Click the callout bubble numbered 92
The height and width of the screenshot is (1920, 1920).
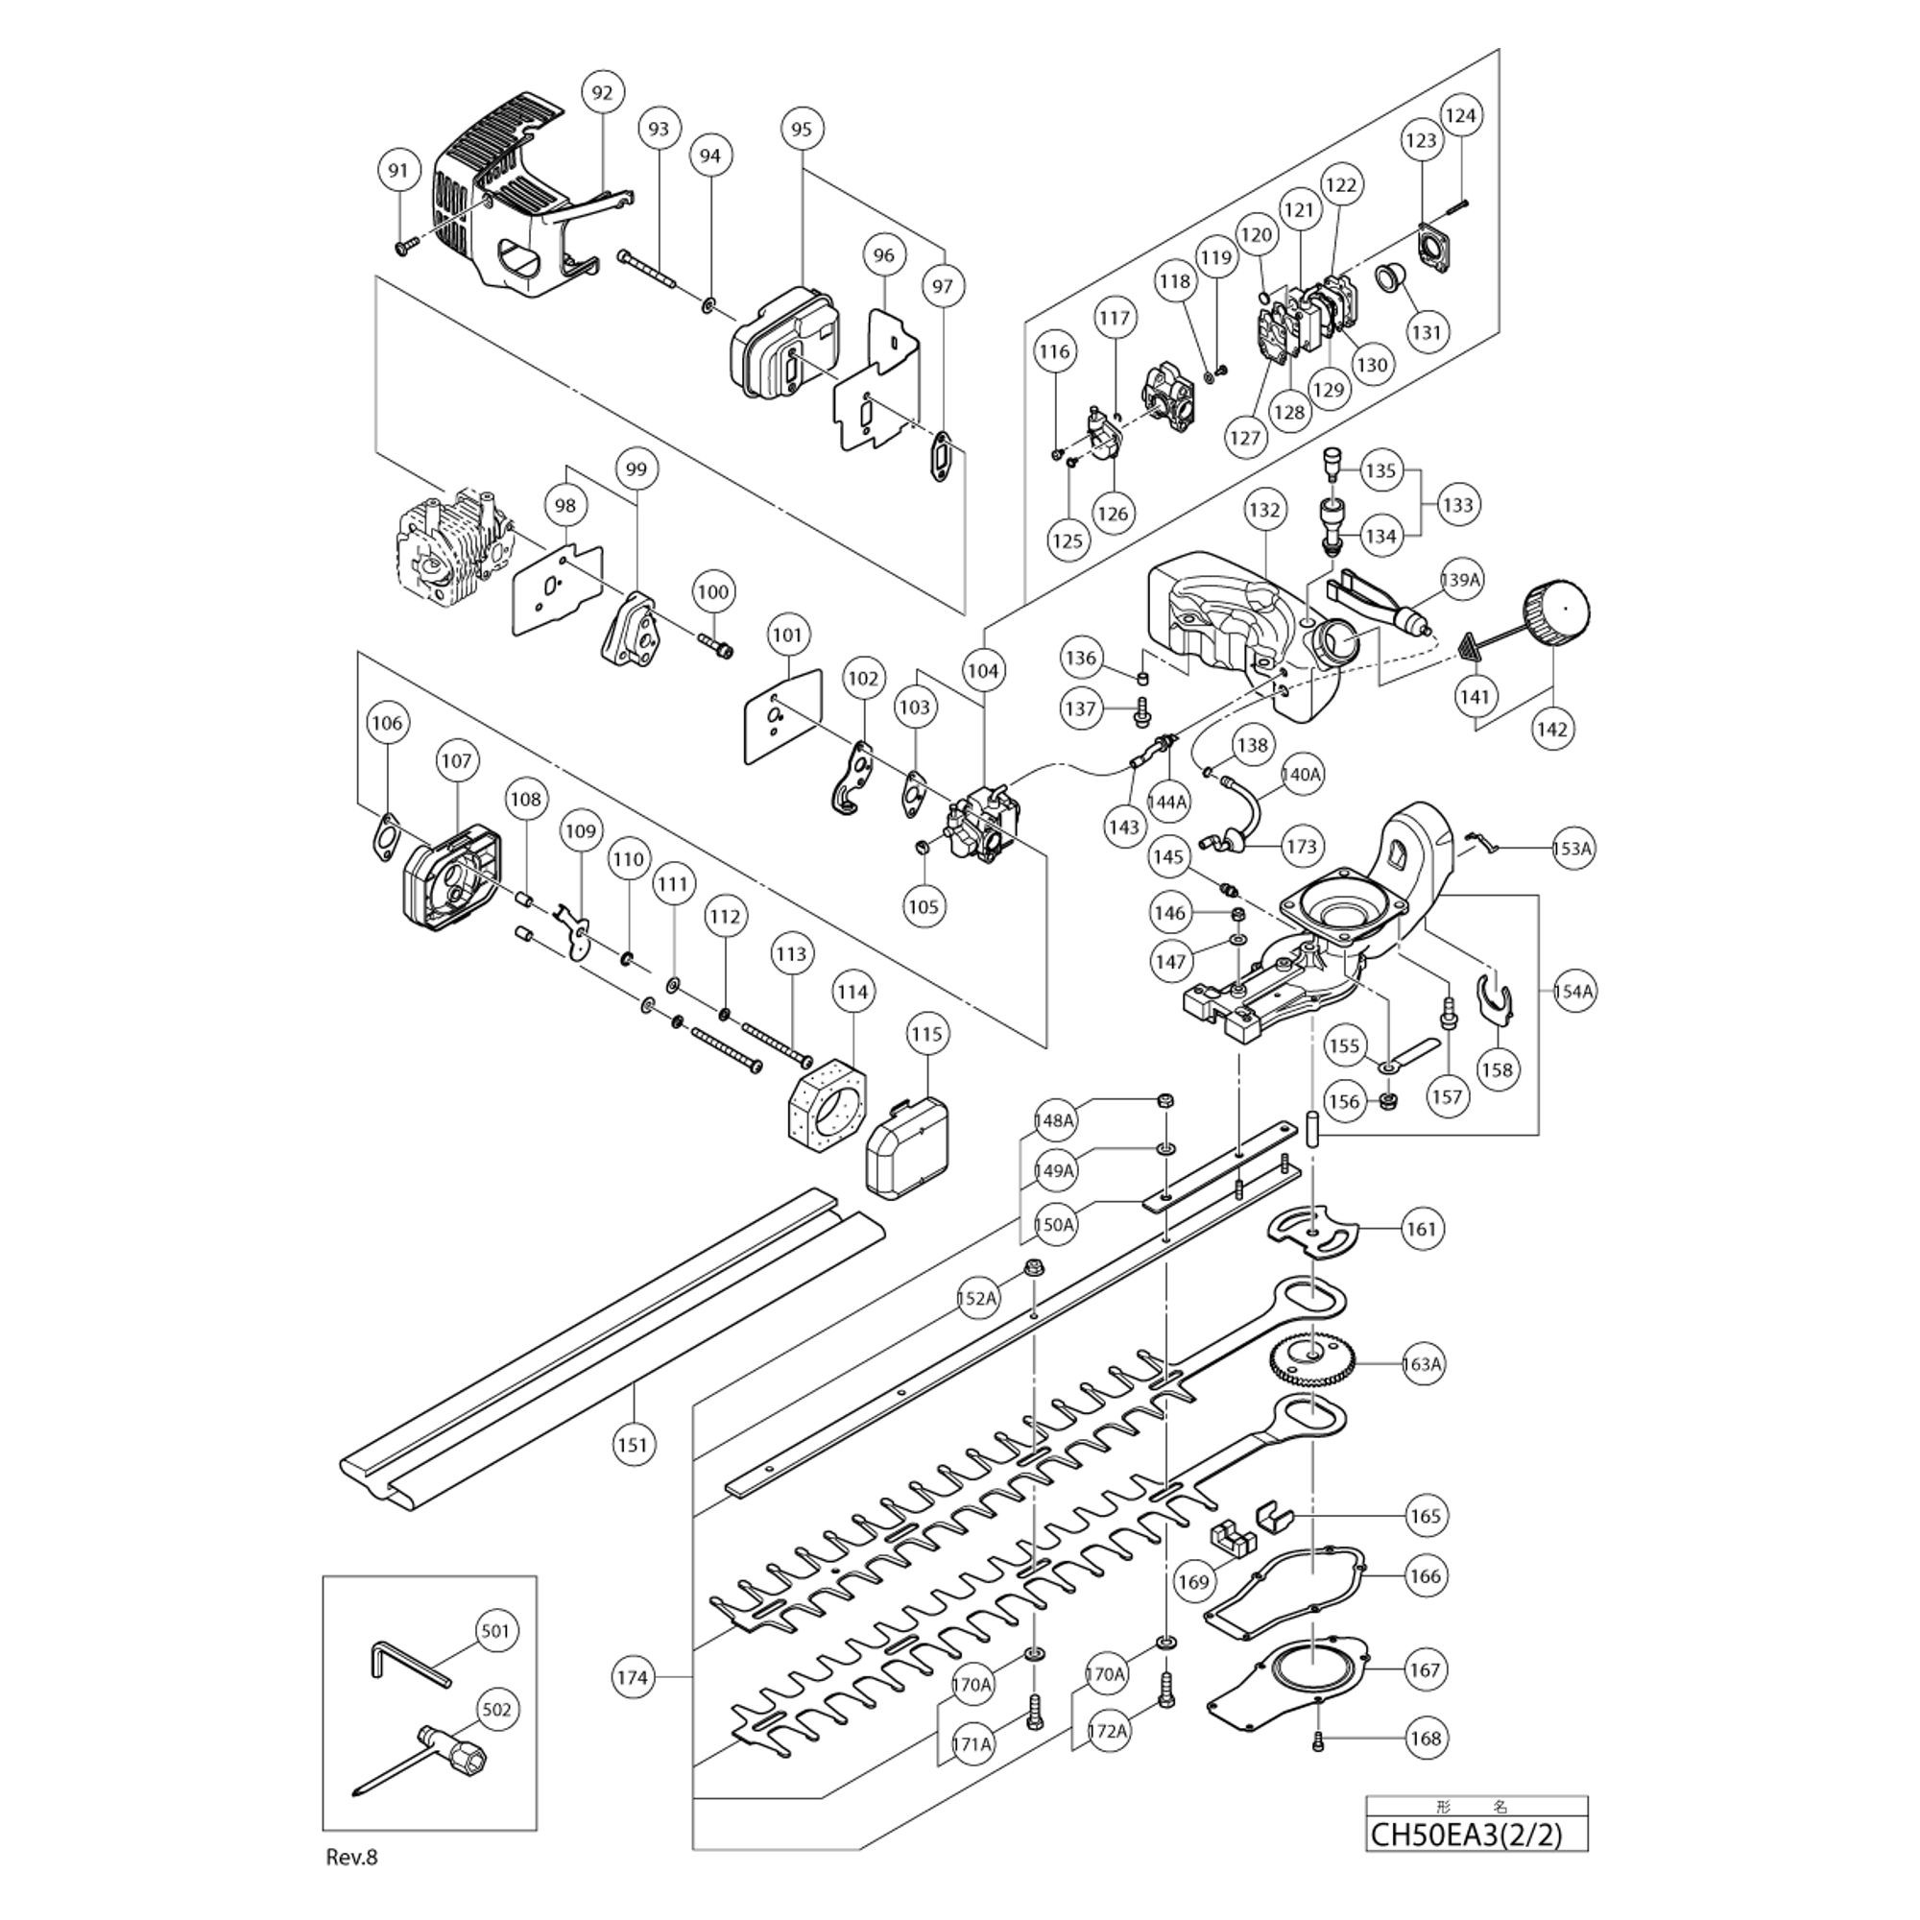click(602, 92)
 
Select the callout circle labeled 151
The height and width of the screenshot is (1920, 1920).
click(632, 1444)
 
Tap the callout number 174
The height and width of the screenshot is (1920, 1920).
click(632, 1677)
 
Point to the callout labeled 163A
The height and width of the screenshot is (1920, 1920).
click(1422, 1363)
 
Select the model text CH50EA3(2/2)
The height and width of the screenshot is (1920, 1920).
click(1466, 1834)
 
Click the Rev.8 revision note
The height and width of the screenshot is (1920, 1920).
click(351, 1857)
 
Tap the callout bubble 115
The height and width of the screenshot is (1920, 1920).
click(926, 1035)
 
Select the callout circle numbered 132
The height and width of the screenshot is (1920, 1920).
click(1264, 510)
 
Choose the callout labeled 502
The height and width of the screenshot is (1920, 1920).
click(496, 1710)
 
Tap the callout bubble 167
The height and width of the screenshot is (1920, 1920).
click(1424, 1669)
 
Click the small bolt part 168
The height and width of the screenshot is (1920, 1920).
click(1319, 1738)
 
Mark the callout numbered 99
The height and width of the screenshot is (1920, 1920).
click(637, 468)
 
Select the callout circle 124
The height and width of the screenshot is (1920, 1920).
click(1460, 115)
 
